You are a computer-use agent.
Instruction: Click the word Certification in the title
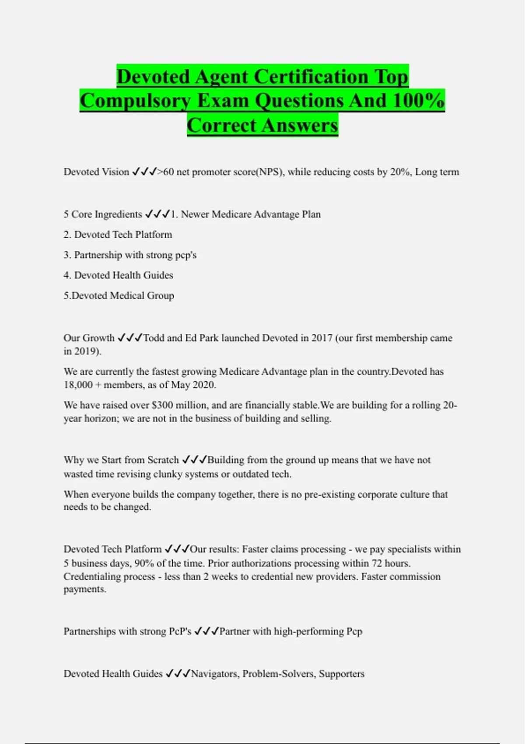(x=311, y=77)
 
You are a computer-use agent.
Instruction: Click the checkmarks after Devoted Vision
(x=144, y=172)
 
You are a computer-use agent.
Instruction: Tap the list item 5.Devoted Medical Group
(x=119, y=295)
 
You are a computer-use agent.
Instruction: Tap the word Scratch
(x=163, y=460)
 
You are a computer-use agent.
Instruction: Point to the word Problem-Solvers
(x=279, y=674)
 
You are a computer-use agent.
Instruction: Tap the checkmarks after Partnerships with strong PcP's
(x=206, y=631)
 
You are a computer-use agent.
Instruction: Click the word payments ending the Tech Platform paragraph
(x=84, y=589)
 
